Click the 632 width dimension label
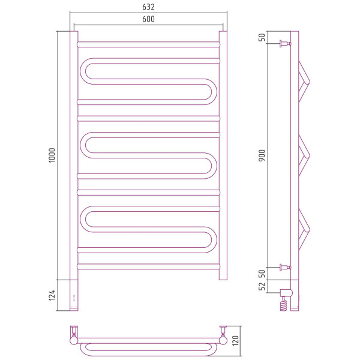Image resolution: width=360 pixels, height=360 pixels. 148,7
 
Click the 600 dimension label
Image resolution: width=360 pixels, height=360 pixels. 148,19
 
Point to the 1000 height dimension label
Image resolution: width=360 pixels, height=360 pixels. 52,155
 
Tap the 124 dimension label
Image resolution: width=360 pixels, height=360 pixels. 52,295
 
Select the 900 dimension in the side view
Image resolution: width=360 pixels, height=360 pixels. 262,155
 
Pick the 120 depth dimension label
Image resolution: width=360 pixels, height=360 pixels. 236,341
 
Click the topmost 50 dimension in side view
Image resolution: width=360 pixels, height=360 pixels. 262,37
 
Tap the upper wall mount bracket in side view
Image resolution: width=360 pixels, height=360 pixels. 285,44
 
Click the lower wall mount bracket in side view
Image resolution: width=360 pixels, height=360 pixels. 285,267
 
